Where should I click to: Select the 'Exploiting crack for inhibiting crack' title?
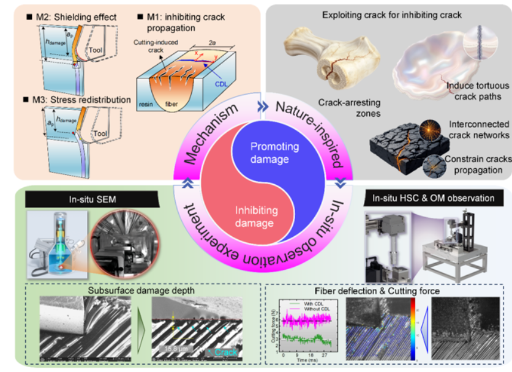(x=385, y=13)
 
